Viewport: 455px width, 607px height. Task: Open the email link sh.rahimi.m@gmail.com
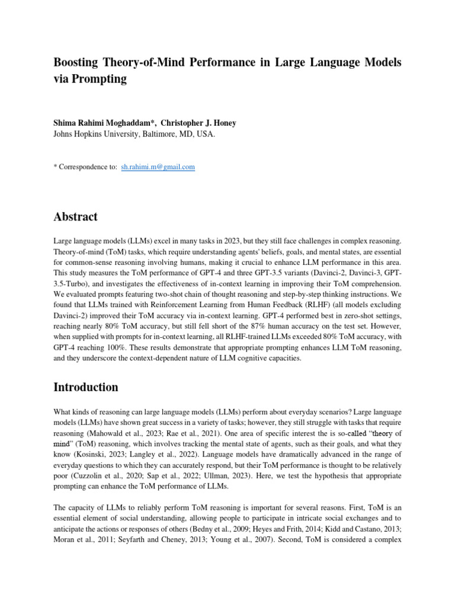pyautogui.click(x=158, y=167)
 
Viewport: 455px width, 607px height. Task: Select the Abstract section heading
pyautogui.click(x=76, y=217)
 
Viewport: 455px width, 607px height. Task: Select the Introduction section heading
pyautogui.click(x=86, y=387)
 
